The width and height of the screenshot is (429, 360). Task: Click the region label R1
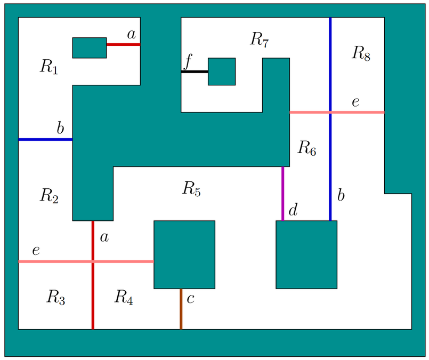[48, 67]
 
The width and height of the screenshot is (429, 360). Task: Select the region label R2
[48, 196]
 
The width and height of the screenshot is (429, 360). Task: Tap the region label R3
[55, 297]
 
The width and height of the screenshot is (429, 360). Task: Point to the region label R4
[123, 297]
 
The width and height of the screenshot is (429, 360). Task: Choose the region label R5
[191, 188]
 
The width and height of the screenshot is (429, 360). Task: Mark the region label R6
[306, 148]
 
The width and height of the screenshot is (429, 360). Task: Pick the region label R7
[259, 39]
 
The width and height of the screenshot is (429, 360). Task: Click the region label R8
[361, 53]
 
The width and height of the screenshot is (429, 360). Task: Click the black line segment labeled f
[195, 71]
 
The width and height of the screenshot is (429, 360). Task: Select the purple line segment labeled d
[282, 194]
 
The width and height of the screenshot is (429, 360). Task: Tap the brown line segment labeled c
[181, 309]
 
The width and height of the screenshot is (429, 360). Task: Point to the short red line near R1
[123, 45]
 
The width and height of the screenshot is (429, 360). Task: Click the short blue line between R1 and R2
[45, 139]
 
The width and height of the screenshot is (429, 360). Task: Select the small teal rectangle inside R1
[90, 47]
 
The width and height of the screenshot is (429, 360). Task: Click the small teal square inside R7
[222, 71]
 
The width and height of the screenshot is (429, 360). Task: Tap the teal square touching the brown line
[184, 254]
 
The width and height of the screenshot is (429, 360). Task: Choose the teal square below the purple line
[306, 254]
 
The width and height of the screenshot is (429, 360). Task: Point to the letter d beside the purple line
[293, 211]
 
